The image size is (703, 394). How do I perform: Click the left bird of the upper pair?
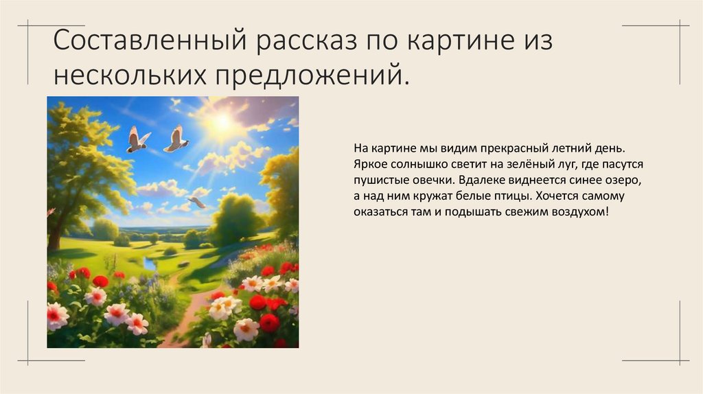point(137,140)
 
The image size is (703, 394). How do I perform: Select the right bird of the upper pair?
point(176,139)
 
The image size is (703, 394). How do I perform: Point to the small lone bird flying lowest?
point(197,202)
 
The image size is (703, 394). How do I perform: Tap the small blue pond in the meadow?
point(150,264)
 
